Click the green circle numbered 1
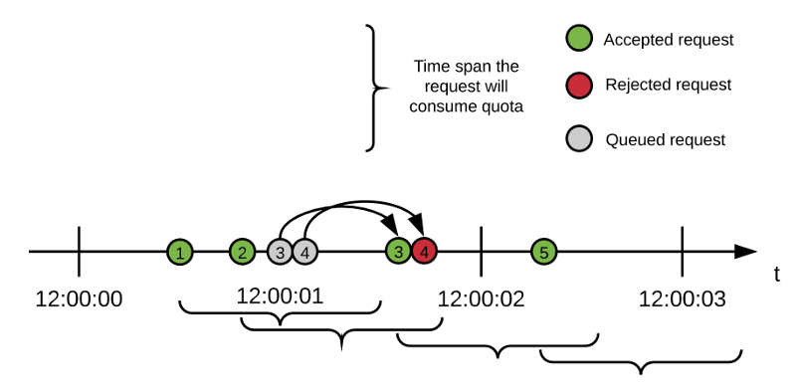pos(179,252)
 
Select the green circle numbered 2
pos(242,252)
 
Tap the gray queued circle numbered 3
pos(282,252)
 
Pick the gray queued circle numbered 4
pos(304,252)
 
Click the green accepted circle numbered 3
pos(399,252)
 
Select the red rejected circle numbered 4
pos(425,252)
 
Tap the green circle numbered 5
pos(543,252)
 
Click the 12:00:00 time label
pos(79,298)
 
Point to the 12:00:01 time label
pos(280,295)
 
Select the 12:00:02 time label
pos(482,298)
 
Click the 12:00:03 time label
pos(682,298)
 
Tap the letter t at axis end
pos(776,275)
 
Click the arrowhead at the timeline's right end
pos(745,252)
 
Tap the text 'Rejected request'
pos(668,86)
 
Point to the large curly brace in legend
pos(373,89)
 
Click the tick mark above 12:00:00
pos(79,252)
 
